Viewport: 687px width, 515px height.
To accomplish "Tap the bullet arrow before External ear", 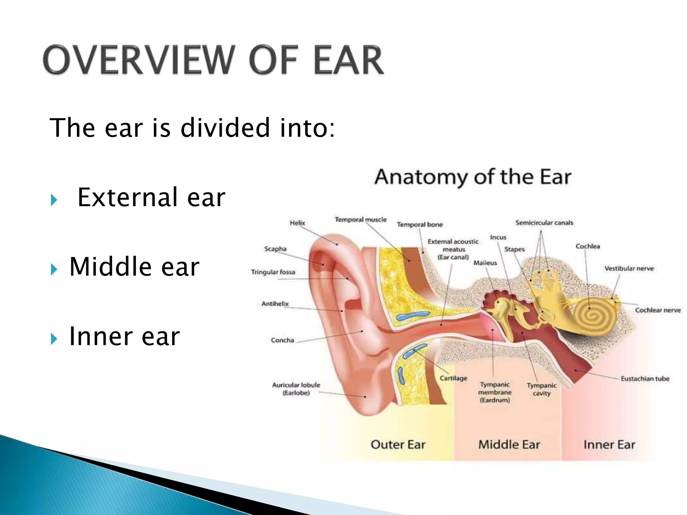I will click(54, 200).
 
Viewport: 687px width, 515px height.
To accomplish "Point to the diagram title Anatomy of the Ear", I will click(473, 177).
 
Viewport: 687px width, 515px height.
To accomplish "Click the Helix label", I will click(297, 223).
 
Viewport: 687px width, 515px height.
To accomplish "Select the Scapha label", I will click(275, 249).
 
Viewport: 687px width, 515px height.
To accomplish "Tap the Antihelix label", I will click(275, 304).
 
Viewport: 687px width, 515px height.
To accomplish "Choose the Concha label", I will click(282, 340).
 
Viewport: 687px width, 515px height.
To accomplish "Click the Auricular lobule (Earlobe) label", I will click(296, 389).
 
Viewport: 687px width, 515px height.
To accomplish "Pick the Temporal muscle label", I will click(360, 220).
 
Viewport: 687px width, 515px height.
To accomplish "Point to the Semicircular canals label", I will click(544, 223).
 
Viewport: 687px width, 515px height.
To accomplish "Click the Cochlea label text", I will click(587, 246).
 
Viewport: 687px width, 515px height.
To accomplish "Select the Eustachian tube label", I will click(645, 379).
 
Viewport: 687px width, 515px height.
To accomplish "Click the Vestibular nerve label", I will click(629, 269).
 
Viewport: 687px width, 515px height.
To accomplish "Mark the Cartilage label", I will click(453, 378).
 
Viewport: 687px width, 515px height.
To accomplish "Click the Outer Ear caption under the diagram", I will click(398, 445).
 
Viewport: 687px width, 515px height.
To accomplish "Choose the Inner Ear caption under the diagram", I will click(609, 445).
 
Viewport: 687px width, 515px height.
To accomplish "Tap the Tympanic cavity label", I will click(541, 389).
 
